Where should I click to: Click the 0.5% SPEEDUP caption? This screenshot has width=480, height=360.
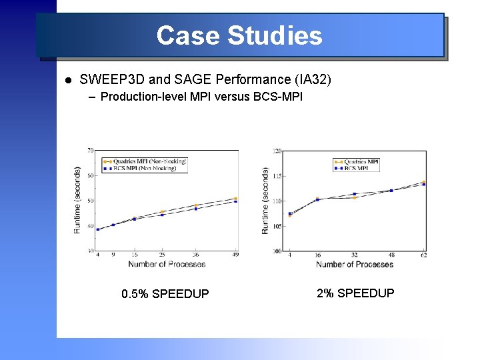point(165,294)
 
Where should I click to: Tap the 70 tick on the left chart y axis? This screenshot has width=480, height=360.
point(89,151)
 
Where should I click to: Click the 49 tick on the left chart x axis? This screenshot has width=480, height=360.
point(235,255)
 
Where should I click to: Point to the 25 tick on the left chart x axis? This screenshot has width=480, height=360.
point(162,255)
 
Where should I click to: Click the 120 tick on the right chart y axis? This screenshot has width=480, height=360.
point(277,151)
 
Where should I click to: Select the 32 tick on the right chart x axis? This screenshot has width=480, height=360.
point(354,255)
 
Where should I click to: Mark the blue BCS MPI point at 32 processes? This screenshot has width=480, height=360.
point(354,194)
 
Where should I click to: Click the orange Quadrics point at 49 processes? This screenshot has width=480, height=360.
point(235,198)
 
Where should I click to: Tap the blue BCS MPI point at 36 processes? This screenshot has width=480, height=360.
point(196,209)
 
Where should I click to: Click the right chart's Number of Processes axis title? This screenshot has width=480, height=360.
point(354,265)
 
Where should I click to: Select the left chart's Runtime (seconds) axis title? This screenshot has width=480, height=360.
point(77,200)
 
